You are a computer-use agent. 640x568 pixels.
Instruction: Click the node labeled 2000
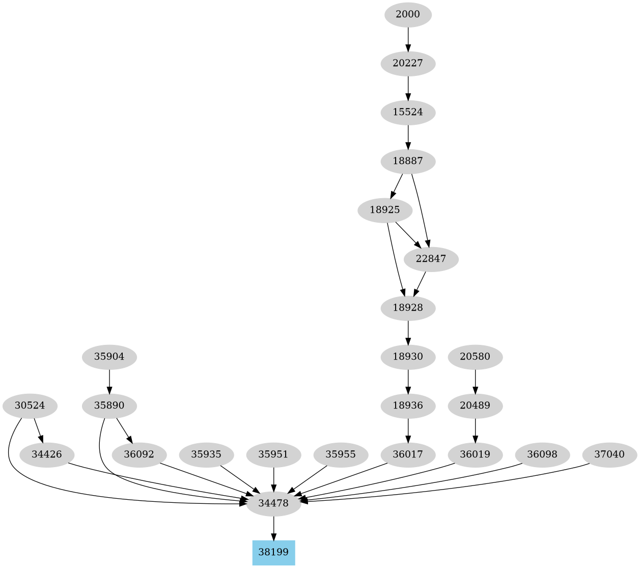[x=408, y=14]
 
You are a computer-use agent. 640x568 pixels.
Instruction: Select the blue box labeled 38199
[x=273, y=552]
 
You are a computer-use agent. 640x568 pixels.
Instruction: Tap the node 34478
[x=273, y=503]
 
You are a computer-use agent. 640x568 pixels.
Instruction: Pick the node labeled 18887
[x=408, y=161]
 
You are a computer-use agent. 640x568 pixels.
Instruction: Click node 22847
[x=431, y=259]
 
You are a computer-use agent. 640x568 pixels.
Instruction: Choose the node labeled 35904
[x=109, y=357]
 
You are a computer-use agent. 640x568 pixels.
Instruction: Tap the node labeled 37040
[x=609, y=454]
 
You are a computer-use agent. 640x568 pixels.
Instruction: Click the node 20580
[x=475, y=357]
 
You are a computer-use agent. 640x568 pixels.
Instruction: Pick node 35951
[x=273, y=454]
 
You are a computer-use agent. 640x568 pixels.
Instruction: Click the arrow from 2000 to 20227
[x=408, y=39]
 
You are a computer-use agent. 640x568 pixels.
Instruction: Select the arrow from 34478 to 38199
[x=273, y=528]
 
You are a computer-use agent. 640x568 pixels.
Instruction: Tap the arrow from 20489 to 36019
[x=475, y=430]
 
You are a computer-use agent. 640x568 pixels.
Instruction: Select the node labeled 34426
[x=46, y=454]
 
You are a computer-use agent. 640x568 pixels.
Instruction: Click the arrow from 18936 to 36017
[x=408, y=430]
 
